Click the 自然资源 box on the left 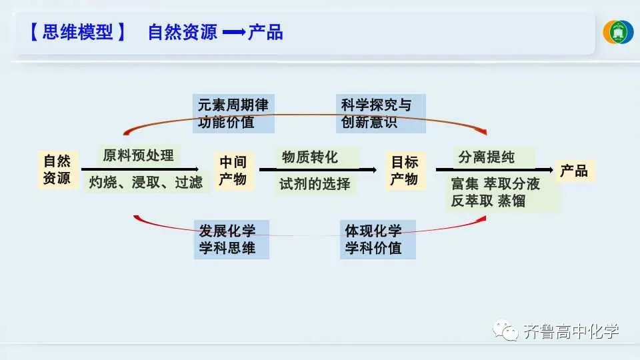click(57, 169)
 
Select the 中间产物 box click(233, 171)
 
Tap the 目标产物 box click(404, 171)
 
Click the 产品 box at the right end click(573, 171)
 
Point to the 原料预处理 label click(138, 156)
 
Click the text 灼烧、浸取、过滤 click(145, 183)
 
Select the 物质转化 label click(310, 157)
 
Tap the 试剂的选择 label click(315, 184)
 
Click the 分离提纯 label click(487, 158)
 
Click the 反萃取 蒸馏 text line click(488, 201)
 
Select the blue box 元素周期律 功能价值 click(235, 113)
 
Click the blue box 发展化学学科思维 click(232, 240)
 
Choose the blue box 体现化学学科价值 click(377, 240)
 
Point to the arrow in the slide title click(234, 33)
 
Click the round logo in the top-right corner click(618, 32)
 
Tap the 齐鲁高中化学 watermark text click(571, 331)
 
